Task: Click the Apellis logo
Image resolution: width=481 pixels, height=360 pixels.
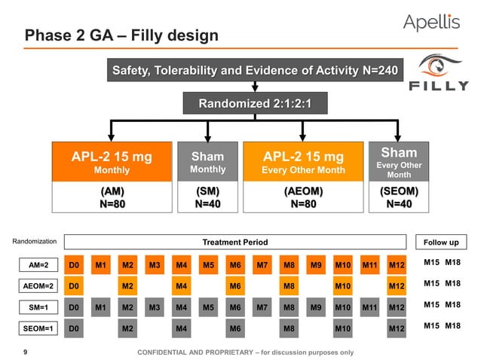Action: pyautogui.click(x=431, y=23)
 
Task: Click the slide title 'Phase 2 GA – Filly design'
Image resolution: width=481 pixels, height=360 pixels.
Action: pyautogui.click(x=121, y=35)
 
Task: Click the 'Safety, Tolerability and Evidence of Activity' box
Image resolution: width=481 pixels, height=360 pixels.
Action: pyautogui.click(x=256, y=71)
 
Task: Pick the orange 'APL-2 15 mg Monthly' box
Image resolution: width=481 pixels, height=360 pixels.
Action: pyautogui.click(x=112, y=163)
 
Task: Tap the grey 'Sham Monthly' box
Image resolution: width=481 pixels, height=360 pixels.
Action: pyautogui.click(x=207, y=163)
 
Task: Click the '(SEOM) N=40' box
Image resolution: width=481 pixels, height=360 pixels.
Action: pyautogui.click(x=399, y=198)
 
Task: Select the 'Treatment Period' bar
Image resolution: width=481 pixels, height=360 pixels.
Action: pyautogui.click(x=235, y=242)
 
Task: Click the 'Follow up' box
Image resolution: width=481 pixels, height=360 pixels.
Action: pyautogui.click(x=441, y=242)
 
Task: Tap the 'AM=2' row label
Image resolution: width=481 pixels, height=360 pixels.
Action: pyautogui.click(x=35, y=265)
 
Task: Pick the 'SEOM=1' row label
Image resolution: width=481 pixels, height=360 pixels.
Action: pyautogui.click(x=35, y=328)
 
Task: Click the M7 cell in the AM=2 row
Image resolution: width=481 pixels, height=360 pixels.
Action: pyautogui.click(x=262, y=265)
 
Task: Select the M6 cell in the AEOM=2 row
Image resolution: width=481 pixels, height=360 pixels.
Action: pyautogui.click(x=235, y=286)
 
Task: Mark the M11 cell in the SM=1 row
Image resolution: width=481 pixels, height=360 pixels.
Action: pyautogui.click(x=369, y=307)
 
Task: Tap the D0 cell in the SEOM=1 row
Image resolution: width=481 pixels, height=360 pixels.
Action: pyautogui.click(x=74, y=328)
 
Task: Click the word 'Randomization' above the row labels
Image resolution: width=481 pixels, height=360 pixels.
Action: pyautogui.click(x=35, y=242)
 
